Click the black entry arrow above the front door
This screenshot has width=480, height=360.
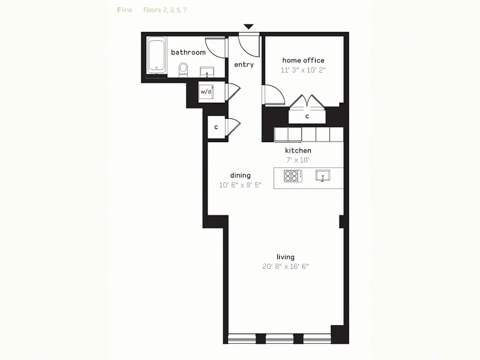tap(249, 27)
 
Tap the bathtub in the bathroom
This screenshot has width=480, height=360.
tap(157, 55)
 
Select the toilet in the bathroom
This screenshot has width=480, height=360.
tap(183, 69)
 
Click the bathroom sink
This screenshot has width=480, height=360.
tap(207, 72)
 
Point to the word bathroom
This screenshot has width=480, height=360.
tap(188, 52)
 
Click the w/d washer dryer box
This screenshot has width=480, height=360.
tap(206, 92)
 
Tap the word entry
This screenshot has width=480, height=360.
tap(244, 65)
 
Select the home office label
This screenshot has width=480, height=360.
tap(303, 60)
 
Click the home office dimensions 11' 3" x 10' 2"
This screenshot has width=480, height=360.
tap(303, 70)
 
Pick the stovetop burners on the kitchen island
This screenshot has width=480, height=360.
tap(293, 176)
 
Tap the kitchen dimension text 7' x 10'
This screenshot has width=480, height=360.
tap(298, 160)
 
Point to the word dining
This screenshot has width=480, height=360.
tap(240, 175)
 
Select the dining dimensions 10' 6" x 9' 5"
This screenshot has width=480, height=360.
tap(240, 185)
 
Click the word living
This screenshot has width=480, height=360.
tap(286, 257)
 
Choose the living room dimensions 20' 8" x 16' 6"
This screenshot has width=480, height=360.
tap(286, 266)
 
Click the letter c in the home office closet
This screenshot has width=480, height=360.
tap(307, 117)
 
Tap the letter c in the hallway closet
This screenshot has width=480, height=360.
tap(216, 127)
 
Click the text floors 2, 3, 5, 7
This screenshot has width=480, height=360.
tap(165, 10)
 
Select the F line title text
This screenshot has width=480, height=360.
tap(125, 10)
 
